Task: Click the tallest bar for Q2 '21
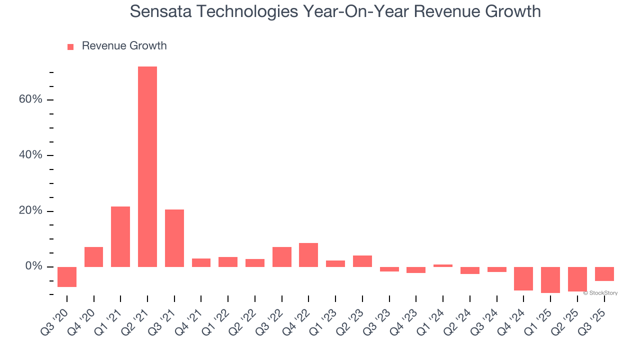(x=147, y=166)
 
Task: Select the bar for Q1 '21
(x=120, y=236)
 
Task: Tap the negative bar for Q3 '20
(x=67, y=276)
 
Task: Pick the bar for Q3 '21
(x=174, y=238)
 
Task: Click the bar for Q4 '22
(x=308, y=254)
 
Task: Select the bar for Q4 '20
(x=94, y=256)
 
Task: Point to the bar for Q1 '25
(x=550, y=279)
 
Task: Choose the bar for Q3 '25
(x=604, y=273)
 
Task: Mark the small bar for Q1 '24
(x=443, y=265)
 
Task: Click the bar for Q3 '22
(x=282, y=256)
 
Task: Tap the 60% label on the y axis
(x=30, y=99)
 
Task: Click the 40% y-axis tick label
(x=30, y=155)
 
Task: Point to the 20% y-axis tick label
(x=30, y=211)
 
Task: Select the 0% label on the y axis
(x=33, y=266)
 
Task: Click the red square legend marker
(x=70, y=46)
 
